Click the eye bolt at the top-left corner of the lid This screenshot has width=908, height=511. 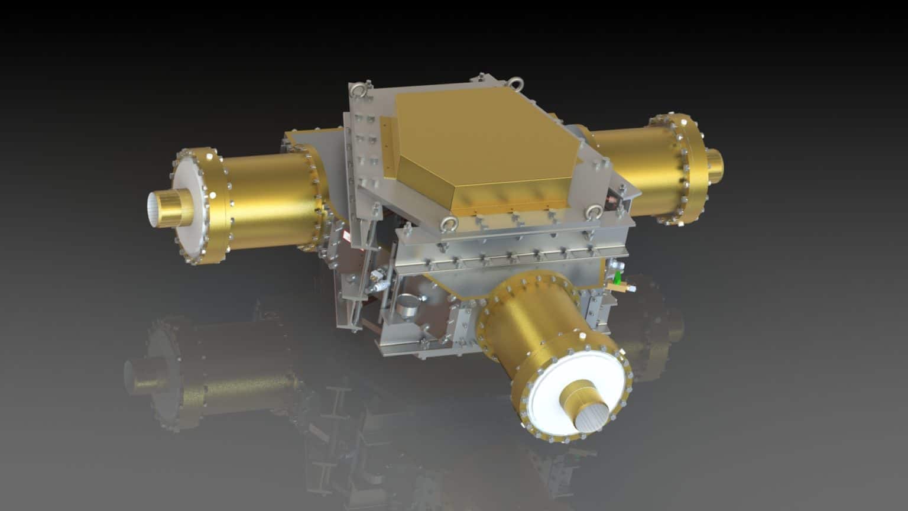point(358,90)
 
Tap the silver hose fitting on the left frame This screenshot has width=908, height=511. point(376,278)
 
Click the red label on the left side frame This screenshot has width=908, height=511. point(349,237)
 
